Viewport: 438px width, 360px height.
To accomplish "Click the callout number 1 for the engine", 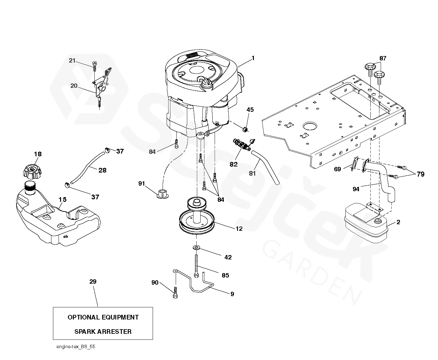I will click(253, 58).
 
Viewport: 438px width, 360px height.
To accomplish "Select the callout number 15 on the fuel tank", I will click(62, 199).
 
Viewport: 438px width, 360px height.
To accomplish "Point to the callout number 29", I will click(93, 282).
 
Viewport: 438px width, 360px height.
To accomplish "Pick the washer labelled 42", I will click(197, 248).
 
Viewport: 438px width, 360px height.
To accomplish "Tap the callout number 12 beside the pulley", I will click(239, 229).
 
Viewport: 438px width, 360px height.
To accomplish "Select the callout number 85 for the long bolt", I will click(225, 275).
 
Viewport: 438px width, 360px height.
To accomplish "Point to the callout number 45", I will click(250, 110).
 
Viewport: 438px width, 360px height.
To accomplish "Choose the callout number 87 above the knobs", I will click(383, 58).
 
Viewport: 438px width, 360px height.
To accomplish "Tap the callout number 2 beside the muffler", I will click(398, 222).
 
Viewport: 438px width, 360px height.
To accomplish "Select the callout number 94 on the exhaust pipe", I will click(356, 189).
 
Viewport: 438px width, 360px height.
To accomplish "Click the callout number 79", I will click(421, 174).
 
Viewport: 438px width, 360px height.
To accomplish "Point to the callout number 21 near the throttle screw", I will click(72, 60).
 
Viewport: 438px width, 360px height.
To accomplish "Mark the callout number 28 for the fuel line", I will click(102, 170).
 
